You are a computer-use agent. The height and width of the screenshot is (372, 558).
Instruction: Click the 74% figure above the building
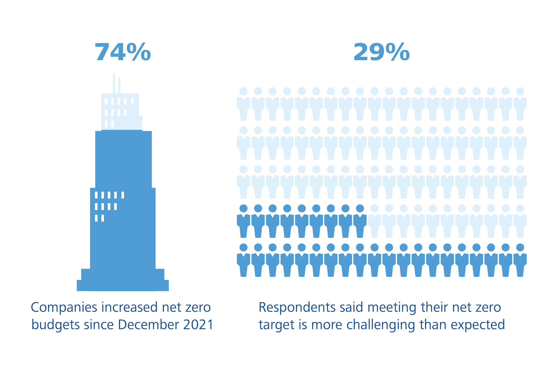point(123,52)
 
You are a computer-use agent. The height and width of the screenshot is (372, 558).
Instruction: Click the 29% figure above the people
point(381,52)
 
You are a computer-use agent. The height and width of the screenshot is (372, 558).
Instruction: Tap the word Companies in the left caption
point(64,308)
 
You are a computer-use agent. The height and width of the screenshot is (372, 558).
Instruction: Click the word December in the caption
point(148,325)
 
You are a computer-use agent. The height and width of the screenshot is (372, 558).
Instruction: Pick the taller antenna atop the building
point(114,83)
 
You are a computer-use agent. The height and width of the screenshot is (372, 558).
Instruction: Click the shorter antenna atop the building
point(119,85)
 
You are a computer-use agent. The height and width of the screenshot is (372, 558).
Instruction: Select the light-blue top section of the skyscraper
point(122,112)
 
